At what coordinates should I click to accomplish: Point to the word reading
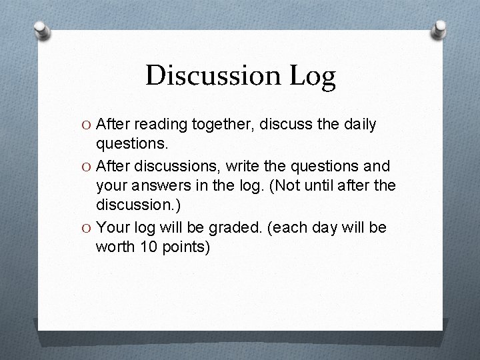[x=158, y=125]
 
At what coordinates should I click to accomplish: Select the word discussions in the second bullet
[x=168, y=166]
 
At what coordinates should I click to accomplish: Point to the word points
[x=185, y=247]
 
